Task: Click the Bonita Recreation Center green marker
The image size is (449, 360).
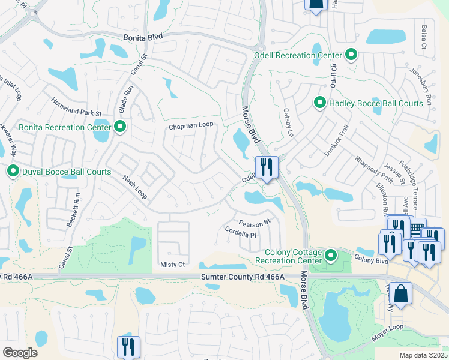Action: coord(120,127)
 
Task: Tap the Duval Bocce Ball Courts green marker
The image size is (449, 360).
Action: coord(13,172)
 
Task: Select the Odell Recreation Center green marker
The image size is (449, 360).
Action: coord(352,55)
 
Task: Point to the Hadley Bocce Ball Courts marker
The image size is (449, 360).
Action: coord(320,103)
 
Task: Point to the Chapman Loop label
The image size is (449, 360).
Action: coord(191,126)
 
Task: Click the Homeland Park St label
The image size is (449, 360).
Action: coord(76,106)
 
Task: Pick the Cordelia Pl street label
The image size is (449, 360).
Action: coord(240,232)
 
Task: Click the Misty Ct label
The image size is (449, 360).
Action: coord(172,264)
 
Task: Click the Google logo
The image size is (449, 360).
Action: coord(20,353)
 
